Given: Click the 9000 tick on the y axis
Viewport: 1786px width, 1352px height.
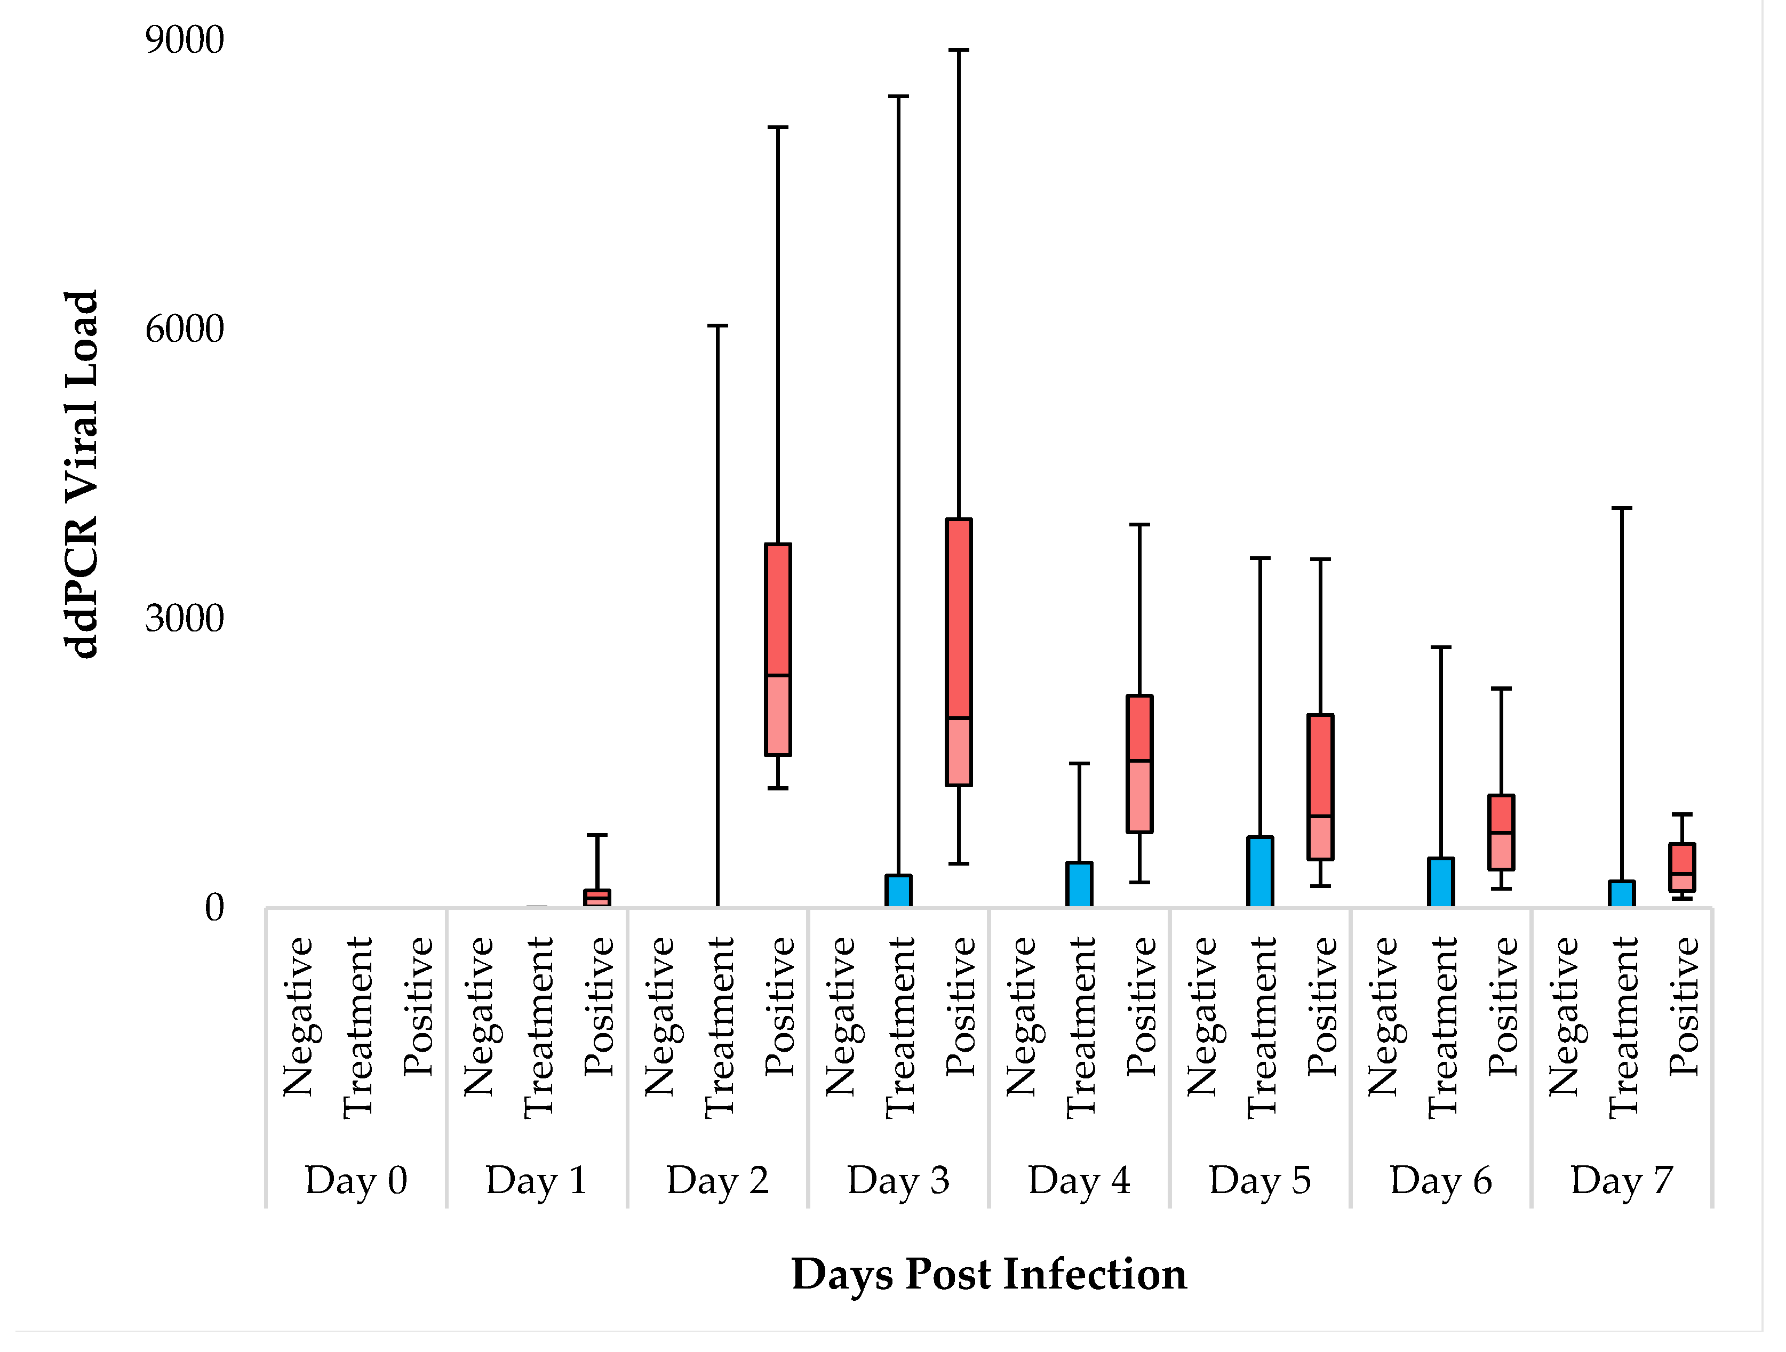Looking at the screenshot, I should (184, 41).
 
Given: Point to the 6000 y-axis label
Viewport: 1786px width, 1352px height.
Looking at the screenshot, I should (184, 329).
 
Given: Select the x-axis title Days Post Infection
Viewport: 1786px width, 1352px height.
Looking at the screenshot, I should (988, 1275).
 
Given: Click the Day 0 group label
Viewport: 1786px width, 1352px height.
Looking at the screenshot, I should (356, 1181).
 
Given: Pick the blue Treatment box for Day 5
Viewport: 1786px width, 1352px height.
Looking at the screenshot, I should (1261, 872).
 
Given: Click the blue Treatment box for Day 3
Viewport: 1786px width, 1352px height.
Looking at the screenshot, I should (899, 891).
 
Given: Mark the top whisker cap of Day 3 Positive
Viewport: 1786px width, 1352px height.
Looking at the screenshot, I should (959, 50).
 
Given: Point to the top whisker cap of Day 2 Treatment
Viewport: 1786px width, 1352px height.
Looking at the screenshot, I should (718, 326).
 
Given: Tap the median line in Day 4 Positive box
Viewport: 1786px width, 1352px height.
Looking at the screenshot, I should (1139, 761).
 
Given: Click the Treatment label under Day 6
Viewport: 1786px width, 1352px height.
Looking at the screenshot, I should (1442, 1027).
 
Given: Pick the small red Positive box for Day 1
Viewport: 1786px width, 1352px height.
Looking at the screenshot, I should (597, 898).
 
